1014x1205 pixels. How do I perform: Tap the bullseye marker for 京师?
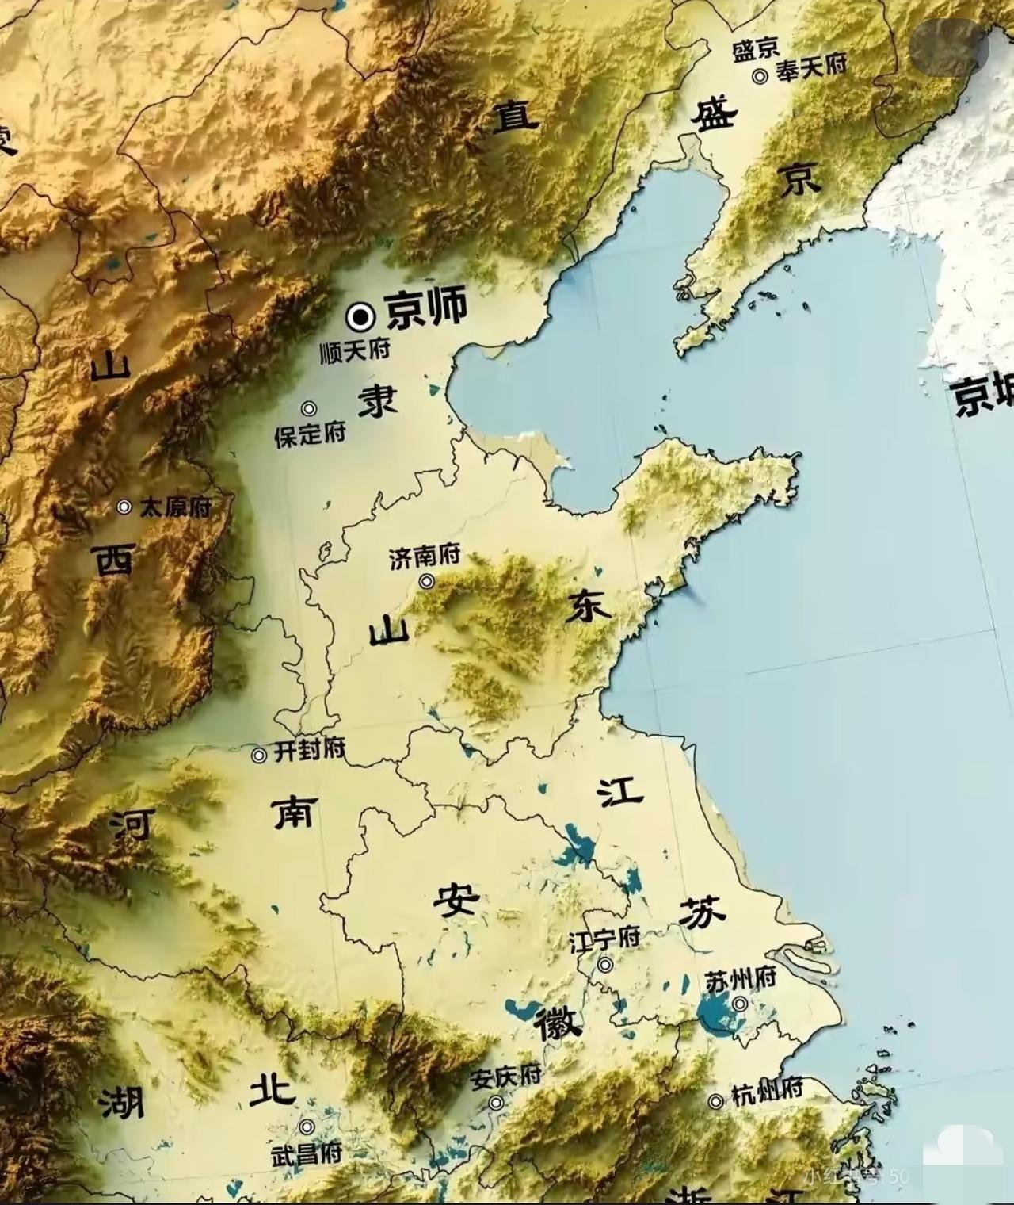[360, 317]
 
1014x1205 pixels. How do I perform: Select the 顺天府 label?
[356, 351]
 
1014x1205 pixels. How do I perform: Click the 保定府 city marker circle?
[309, 409]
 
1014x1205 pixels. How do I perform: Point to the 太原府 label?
[176, 507]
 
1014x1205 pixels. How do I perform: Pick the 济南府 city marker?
[427, 581]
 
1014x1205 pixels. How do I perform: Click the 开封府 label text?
[310, 749]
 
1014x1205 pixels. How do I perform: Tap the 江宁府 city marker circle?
[606, 965]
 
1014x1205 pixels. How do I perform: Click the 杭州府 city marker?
[716, 1101]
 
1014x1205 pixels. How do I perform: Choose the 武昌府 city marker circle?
[307, 1127]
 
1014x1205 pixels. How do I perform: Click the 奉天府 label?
[811, 66]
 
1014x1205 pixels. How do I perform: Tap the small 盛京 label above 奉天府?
[756, 51]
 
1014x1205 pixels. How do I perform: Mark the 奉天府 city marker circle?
[760, 76]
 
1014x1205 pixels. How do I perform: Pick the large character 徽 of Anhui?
[558, 1024]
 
